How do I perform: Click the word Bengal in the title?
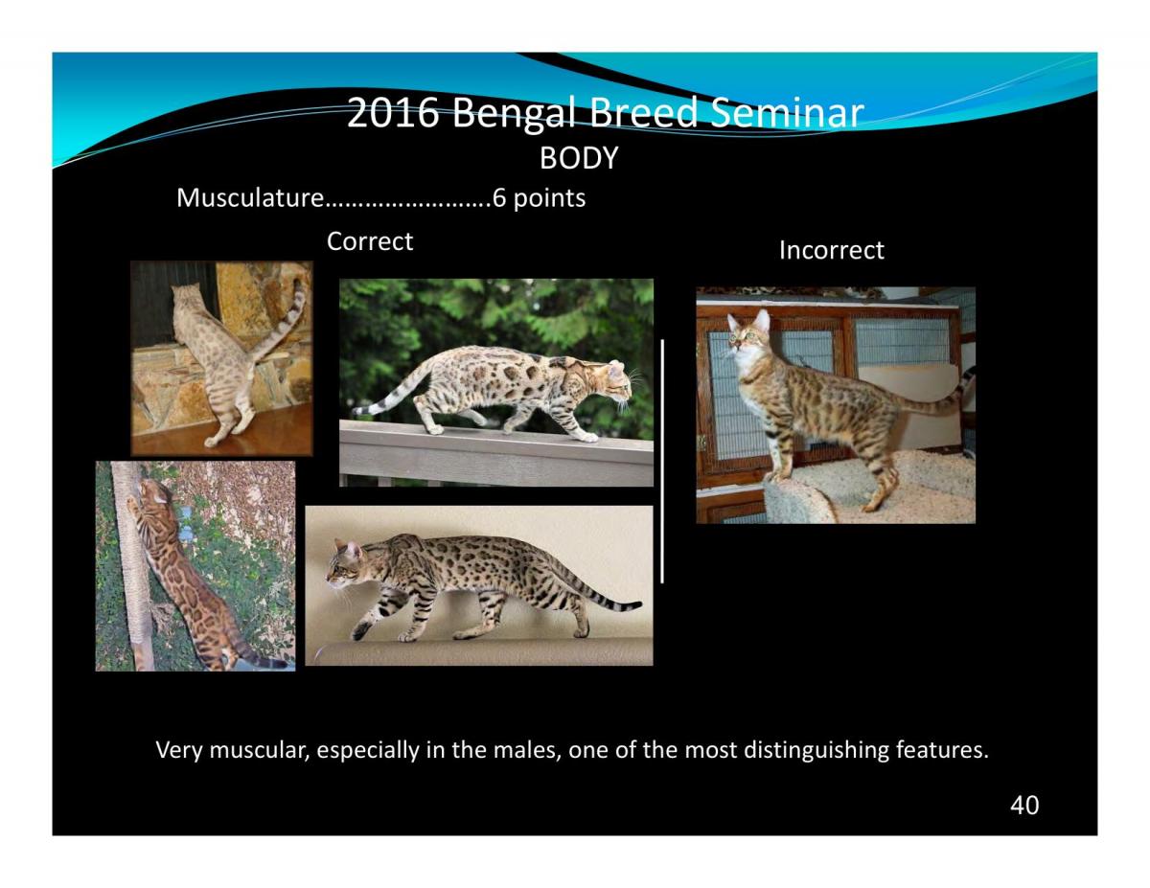pyautogui.click(x=514, y=114)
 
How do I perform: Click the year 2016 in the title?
pyautogui.click(x=393, y=113)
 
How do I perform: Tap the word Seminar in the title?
pyautogui.click(x=787, y=112)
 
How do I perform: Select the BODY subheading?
pyautogui.click(x=579, y=158)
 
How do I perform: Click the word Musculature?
pyautogui.click(x=250, y=197)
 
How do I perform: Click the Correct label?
pyautogui.click(x=369, y=241)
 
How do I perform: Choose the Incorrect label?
pyautogui.click(x=832, y=250)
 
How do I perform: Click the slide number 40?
pyautogui.click(x=1024, y=806)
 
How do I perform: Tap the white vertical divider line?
pyautogui.click(x=662, y=461)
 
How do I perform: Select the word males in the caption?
pyautogui.click(x=527, y=750)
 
